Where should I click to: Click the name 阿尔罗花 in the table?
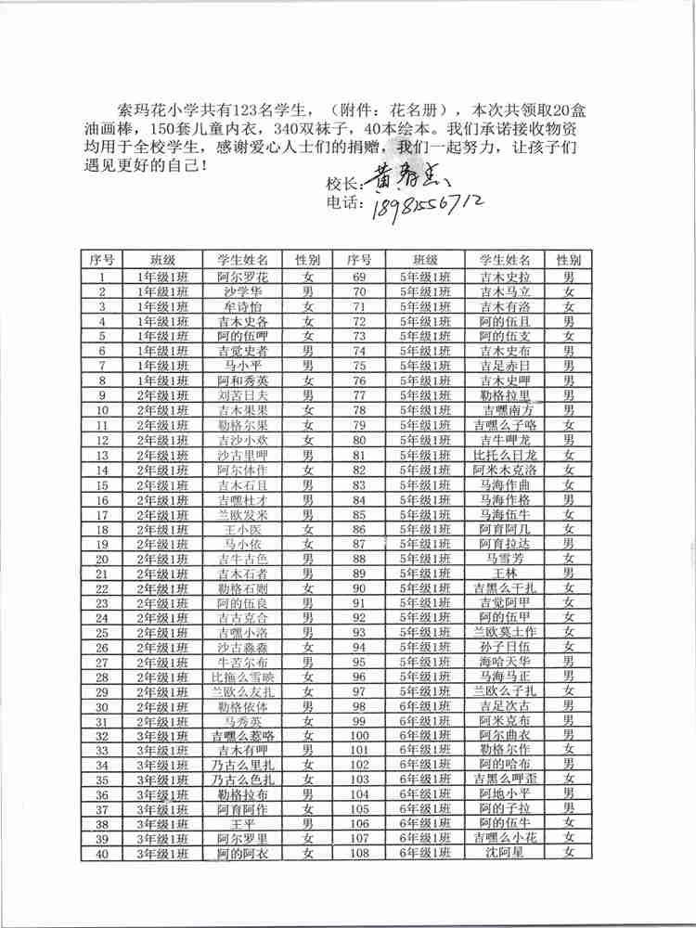point(242,277)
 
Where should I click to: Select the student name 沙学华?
point(242,291)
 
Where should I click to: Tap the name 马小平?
point(242,366)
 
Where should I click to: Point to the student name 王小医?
point(242,529)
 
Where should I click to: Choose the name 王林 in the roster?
point(504,574)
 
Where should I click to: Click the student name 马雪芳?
point(504,559)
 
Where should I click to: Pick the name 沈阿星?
point(504,852)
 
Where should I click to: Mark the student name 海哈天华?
point(504,662)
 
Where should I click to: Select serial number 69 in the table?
point(359,277)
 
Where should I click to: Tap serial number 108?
point(359,852)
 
